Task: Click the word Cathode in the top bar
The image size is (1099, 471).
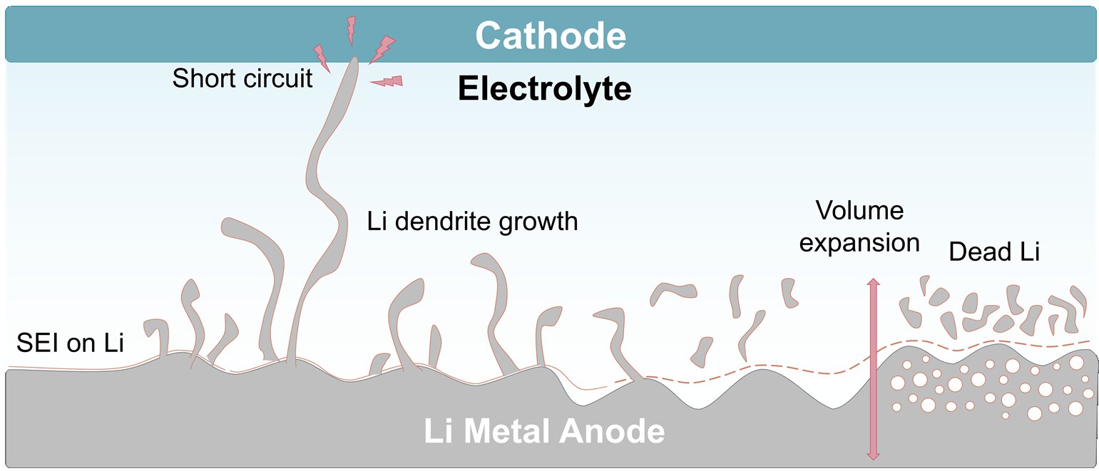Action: click(x=551, y=35)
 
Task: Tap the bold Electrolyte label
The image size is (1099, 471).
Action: click(x=544, y=90)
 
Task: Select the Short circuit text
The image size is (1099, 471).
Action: click(x=242, y=78)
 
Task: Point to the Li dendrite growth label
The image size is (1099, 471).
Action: click(x=472, y=221)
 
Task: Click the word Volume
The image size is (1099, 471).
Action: click(x=859, y=210)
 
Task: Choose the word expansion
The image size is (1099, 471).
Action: click(x=859, y=242)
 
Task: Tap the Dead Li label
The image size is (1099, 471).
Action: click(x=994, y=252)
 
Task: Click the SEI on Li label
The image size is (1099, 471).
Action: click(x=70, y=343)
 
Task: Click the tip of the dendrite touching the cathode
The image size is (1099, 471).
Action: click(x=353, y=60)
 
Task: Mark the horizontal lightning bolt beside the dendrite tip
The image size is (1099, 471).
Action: click(x=387, y=81)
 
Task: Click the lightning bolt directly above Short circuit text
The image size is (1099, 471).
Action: click(x=322, y=58)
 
